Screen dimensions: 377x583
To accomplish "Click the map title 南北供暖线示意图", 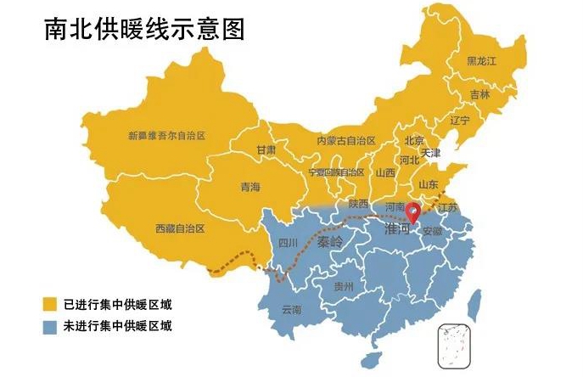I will coord(144,30).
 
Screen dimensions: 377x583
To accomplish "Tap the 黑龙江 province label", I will coord(481,62).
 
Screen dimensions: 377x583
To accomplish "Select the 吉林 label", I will coord(479,95).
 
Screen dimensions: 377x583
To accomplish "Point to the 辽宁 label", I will coord(459,121).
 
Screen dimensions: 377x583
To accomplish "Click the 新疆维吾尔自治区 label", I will coord(167,135).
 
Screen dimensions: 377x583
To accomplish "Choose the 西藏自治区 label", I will coord(179,228).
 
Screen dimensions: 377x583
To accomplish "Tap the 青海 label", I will coord(249,187).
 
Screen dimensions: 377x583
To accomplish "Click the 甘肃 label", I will coord(266,149).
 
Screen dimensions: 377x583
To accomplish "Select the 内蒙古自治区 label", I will coord(345,140).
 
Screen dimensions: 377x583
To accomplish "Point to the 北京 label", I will coord(414,141).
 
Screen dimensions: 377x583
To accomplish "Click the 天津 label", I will coord(431,154).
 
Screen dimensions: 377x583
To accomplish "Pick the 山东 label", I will coord(429,184).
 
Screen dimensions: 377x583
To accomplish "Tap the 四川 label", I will coord(289,243).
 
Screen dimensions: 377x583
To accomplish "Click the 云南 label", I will coord(290,309).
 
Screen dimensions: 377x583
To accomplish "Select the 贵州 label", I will coord(344,286).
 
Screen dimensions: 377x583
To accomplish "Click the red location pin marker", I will coord(412,214).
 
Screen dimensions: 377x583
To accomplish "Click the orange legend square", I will coord(51,304).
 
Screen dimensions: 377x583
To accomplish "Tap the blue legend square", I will coord(51,326).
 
